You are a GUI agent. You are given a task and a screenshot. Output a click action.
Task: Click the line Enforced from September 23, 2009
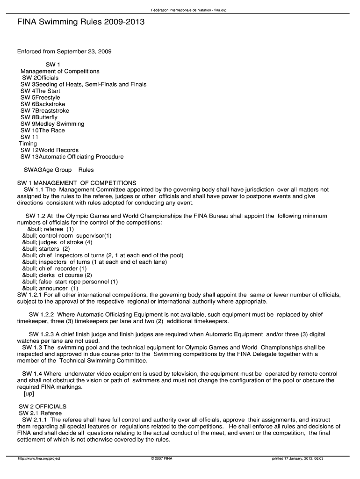(65, 51)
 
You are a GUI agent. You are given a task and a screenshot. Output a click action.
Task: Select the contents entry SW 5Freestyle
(40, 97)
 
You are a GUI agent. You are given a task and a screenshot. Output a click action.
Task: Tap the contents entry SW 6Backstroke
(43, 104)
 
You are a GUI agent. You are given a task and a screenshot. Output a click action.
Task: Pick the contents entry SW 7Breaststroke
(45, 110)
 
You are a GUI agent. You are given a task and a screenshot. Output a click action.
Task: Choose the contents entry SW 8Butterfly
(39, 117)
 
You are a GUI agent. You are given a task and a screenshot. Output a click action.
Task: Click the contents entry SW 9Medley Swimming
(52, 123)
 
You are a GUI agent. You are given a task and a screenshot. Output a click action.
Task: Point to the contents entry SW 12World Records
(50, 150)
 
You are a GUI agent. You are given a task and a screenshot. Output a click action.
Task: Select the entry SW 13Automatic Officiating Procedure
(72, 156)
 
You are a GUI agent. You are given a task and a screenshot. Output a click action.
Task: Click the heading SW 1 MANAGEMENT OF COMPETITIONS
(77, 182)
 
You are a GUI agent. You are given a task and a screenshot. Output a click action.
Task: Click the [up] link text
(29, 393)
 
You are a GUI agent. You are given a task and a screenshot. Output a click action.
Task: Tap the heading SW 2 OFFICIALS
(43, 406)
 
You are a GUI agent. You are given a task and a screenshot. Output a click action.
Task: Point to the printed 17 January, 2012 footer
(298, 458)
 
